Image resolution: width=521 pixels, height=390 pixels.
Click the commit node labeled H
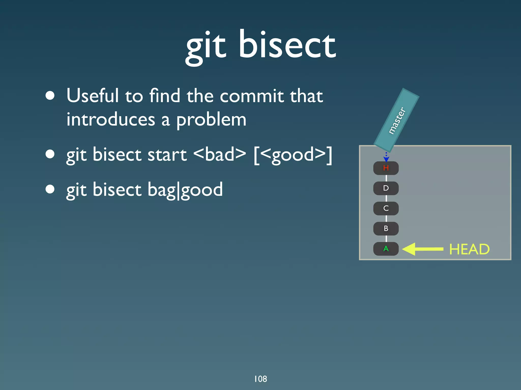[x=386, y=168]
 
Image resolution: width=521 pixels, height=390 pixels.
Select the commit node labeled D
[x=386, y=188]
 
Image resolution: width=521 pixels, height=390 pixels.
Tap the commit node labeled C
[x=386, y=208]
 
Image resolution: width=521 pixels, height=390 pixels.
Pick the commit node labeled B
[x=386, y=228]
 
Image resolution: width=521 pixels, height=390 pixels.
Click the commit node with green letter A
[x=386, y=249]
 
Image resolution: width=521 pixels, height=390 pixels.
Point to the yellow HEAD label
[x=469, y=249]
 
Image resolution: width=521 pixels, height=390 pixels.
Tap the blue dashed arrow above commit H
[x=386, y=157]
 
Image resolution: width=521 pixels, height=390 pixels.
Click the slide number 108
[x=260, y=379]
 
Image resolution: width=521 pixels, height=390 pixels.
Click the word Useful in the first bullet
[x=93, y=96]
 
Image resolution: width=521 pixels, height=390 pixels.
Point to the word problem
[x=211, y=119]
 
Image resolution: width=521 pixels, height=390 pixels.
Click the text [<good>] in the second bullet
[x=293, y=155]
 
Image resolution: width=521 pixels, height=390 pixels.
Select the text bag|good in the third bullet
[x=185, y=190]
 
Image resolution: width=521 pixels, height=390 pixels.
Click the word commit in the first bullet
[x=252, y=96]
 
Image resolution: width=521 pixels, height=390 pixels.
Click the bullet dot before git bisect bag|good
[x=50, y=189]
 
